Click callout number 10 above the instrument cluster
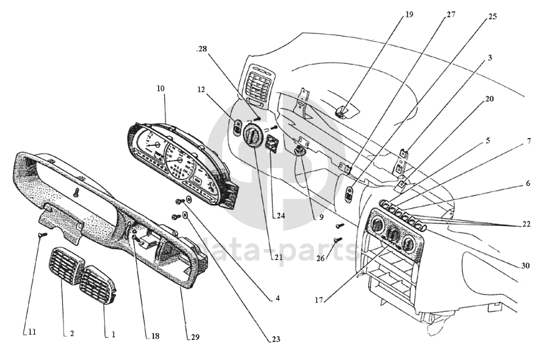[160, 88]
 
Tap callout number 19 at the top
[409, 14]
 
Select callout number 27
[451, 14]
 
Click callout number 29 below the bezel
[195, 337]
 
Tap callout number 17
[320, 301]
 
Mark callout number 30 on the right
[526, 266]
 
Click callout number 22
[526, 224]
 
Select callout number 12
[202, 89]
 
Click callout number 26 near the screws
[320, 258]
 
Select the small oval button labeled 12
[237, 125]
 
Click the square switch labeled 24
[273, 144]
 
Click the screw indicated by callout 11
[41, 234]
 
